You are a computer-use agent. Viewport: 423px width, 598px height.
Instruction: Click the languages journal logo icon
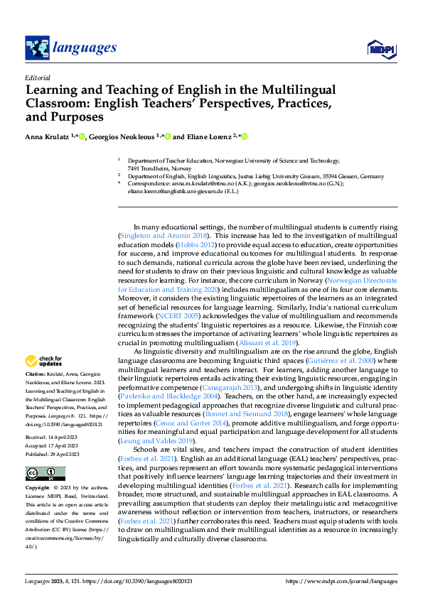click(37, 48)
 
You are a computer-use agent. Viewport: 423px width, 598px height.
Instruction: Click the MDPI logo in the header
click(380, 48)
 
